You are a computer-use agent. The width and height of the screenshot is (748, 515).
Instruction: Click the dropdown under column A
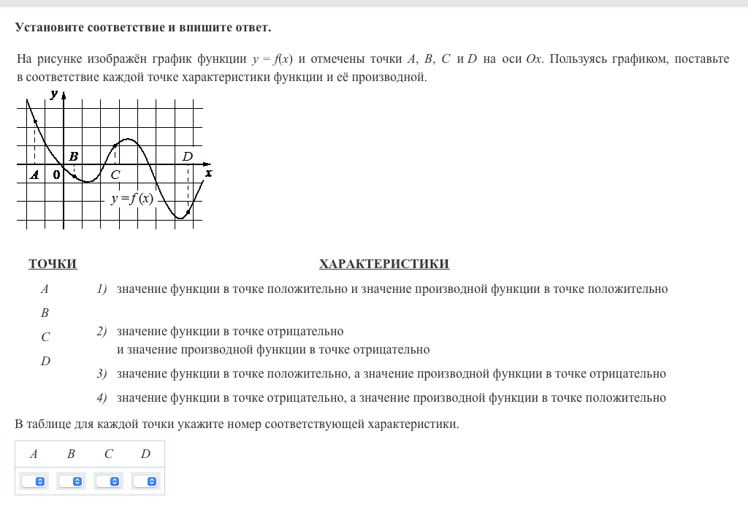[34, 481]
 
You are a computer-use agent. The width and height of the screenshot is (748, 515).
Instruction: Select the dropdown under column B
[72, 481]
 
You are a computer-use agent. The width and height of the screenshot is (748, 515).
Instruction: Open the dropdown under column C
[109, 481]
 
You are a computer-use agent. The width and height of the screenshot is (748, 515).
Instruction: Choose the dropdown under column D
[146, 481]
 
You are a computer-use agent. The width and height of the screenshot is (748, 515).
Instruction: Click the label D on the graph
[188, 156]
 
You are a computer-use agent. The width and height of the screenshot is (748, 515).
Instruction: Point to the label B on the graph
[73, 156]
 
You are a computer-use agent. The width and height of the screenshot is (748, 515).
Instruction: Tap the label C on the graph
[115, 175]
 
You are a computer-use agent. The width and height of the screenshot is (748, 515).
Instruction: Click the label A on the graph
[34, 175]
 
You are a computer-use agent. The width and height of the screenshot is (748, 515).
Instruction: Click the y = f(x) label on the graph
[132, 199]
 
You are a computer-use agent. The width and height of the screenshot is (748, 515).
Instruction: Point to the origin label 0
[56, 175]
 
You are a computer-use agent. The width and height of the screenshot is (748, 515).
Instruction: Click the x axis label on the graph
[208, 173]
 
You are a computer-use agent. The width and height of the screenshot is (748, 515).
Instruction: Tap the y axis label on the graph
[54, 93]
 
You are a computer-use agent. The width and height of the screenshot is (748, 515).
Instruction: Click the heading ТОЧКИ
[53, 264]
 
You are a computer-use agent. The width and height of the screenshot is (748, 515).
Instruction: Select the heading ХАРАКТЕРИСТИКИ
[384, 264]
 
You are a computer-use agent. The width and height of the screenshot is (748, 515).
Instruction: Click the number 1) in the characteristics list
[102, 289]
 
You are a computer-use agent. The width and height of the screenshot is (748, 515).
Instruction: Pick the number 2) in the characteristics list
[102, 332]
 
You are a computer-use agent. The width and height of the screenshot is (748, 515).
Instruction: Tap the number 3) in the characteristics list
[102, 374]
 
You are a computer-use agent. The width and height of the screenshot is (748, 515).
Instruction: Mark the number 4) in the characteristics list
[102, 398]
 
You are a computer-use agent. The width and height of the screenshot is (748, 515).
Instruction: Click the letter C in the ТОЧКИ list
[45, 337]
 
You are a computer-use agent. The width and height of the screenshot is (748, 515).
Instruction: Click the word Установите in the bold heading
[49, 28]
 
